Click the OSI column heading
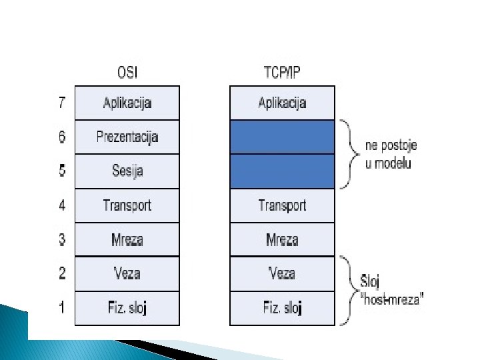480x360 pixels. click(127, 72)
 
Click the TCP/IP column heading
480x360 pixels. click(282, 72)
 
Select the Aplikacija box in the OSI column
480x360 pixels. click(127, 103)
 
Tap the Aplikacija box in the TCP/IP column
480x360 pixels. click(282, 103)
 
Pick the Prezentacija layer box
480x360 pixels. click(127, 137)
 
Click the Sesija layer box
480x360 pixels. click(127, 171)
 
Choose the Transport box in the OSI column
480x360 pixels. click(127, 205)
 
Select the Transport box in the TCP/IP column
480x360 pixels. click(282, 205)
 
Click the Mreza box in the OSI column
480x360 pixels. click(127, 239)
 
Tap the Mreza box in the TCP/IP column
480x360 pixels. click(282, 239)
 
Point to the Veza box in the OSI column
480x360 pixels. click(127, 273)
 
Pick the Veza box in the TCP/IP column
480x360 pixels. click(282, 273)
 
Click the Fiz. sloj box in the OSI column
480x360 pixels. click(127, 308)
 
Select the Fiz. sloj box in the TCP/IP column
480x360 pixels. click(282, 308)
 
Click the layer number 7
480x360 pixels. click(62, 103)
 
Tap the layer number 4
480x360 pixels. click(62, 205)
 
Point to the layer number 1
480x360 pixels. click(62, 308)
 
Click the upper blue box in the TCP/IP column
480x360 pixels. click(282, 137)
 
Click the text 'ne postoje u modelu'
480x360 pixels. click(391, 154)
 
